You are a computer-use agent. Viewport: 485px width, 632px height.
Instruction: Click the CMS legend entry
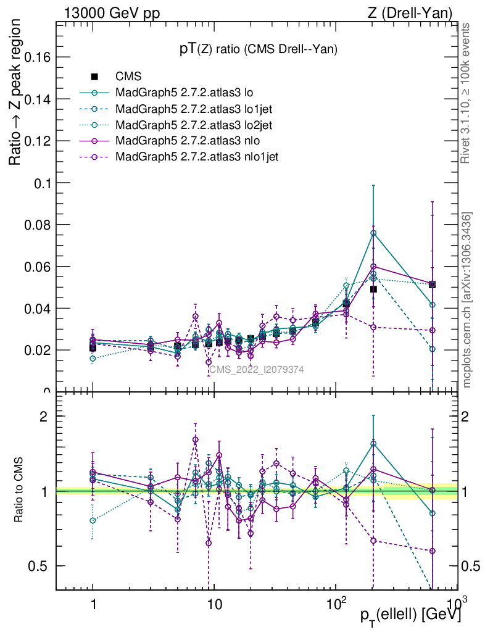128,77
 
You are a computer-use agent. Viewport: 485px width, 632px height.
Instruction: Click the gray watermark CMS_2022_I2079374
256,369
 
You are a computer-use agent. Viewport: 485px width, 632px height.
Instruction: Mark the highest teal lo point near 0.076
373,233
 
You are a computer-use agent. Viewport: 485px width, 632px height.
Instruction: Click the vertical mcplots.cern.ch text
467,301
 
